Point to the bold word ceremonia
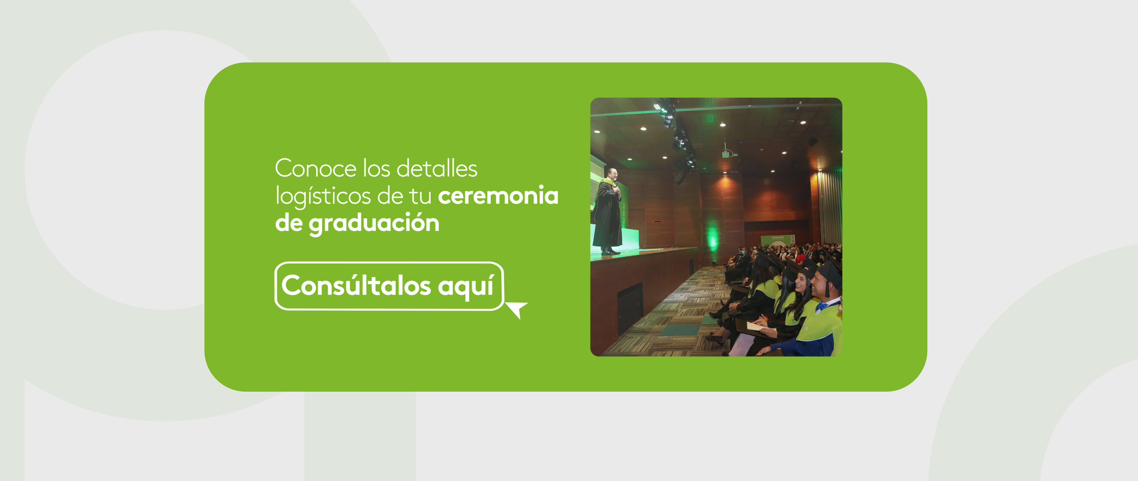pyautogui.click(x=498, y=196)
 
